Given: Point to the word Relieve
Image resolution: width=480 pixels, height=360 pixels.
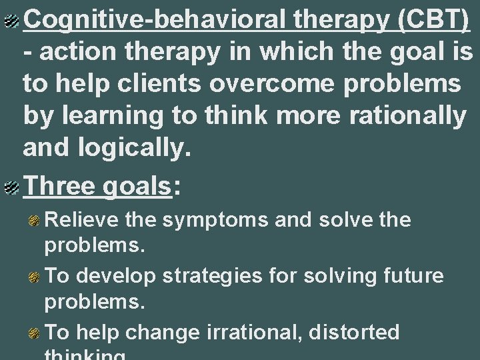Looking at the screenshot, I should coord(82,220).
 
